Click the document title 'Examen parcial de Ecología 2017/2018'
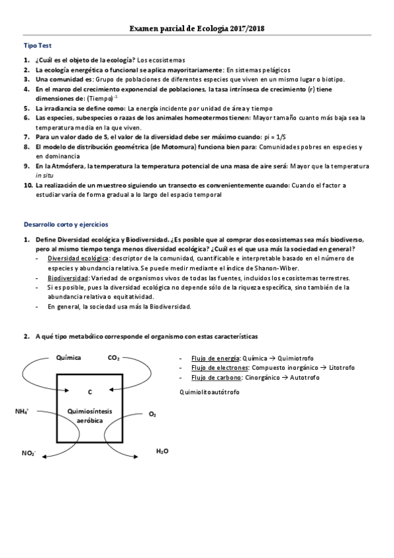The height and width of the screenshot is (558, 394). click(x=197, y=29)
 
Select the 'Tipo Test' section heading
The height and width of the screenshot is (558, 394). click(x=37, y=45)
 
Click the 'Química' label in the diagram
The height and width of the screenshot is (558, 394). click(x=69, y=357)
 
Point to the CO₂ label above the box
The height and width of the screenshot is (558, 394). click(x=113, y=357)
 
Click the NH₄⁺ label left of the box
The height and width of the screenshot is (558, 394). click(x=22, y=411)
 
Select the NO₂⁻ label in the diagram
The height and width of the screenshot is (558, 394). click(x=28, y=453)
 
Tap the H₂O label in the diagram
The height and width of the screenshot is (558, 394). click(x=162, y=451)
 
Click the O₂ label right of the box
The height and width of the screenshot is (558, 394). click(x=153, y=414)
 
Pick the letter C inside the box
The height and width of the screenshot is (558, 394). click(x=89, y=392)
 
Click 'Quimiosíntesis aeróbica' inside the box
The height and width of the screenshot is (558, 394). click(x=89, y=415)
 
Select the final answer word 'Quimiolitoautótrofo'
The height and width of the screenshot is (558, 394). click(x=209, y=392)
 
